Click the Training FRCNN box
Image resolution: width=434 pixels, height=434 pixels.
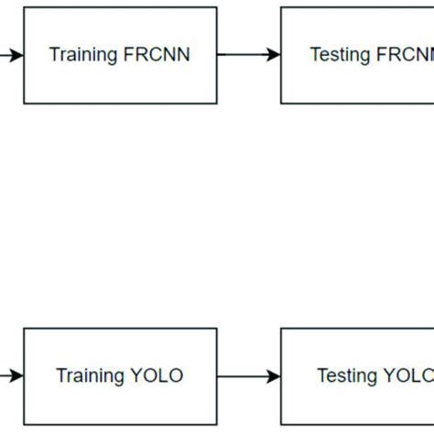click(120, 55)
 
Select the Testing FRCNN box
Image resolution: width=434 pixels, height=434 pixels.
click(357, 55)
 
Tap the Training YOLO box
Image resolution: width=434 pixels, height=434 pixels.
click(120, 376)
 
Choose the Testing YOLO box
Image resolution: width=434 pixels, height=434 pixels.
click(357, 376)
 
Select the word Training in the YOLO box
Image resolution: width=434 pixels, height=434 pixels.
click(91, 376)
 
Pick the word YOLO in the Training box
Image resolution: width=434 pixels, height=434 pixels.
click(157, 376)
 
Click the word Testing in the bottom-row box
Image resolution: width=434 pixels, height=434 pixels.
click(347, 376)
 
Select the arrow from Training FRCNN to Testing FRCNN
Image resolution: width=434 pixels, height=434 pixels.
click(248, 55)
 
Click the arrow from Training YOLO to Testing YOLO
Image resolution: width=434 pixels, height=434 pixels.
click(248, 376)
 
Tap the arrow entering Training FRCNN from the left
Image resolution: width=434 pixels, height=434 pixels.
click(12, 55)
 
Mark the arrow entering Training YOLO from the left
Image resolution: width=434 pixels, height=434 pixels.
click(12, 376)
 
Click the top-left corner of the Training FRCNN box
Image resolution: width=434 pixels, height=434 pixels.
click(24, 7)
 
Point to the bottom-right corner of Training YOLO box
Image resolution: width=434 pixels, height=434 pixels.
click(217, 423)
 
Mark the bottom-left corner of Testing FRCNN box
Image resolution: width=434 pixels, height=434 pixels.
click(281, 103)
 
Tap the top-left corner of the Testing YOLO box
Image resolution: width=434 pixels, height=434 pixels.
click(281, 330)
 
